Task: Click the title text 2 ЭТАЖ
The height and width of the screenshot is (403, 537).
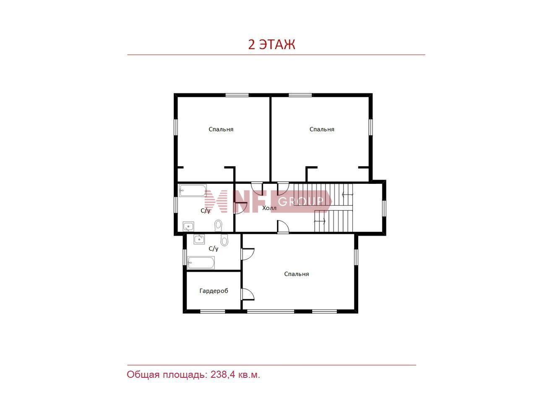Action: (271, 44)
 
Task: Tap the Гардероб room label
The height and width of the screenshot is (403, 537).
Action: (214, 291)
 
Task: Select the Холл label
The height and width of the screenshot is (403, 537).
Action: (269, 208)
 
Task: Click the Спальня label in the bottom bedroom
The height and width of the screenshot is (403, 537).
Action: (297, 274)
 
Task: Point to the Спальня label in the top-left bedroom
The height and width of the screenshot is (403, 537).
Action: (221, 129)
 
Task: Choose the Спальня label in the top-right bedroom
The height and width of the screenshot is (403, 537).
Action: (322, 129)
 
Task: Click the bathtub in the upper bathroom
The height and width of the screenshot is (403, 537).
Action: (193, 191)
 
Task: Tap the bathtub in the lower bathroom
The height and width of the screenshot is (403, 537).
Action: (201, 263)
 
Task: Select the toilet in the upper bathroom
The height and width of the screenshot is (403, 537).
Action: (218, 225)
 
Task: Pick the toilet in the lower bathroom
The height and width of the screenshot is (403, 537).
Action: (224, 240)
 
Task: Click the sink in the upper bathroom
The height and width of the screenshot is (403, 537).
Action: (188, 227)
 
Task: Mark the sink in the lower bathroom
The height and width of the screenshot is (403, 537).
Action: (199, 239)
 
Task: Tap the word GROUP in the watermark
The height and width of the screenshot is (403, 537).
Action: (301, 201)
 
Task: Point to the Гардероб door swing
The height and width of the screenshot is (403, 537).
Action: (248, 294)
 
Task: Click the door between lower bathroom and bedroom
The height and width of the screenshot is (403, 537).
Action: (248, 254)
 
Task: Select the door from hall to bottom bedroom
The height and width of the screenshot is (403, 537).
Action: (283, 226)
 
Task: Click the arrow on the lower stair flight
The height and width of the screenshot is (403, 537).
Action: (320, 221)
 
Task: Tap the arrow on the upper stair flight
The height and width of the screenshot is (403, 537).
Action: (348, 194)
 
